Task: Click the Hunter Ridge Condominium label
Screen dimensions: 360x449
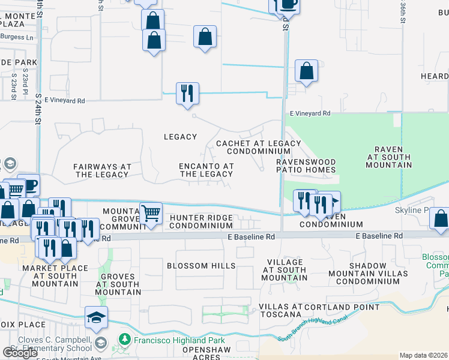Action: click(200, 221)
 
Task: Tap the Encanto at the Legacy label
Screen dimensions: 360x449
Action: click(206, 170)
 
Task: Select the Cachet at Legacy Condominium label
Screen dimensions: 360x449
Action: click(258, 147)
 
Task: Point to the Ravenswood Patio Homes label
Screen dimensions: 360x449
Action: click(306, 166)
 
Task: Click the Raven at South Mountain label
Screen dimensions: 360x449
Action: click(384, 157)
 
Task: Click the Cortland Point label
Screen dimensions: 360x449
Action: click(342, 307)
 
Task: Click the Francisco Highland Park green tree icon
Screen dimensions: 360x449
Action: click(125, 340)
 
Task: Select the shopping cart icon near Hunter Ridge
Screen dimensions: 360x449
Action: click(151, 213)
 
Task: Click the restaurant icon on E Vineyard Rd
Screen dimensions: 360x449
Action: click(187, 93)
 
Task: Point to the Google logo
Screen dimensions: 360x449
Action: click(20, 353)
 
